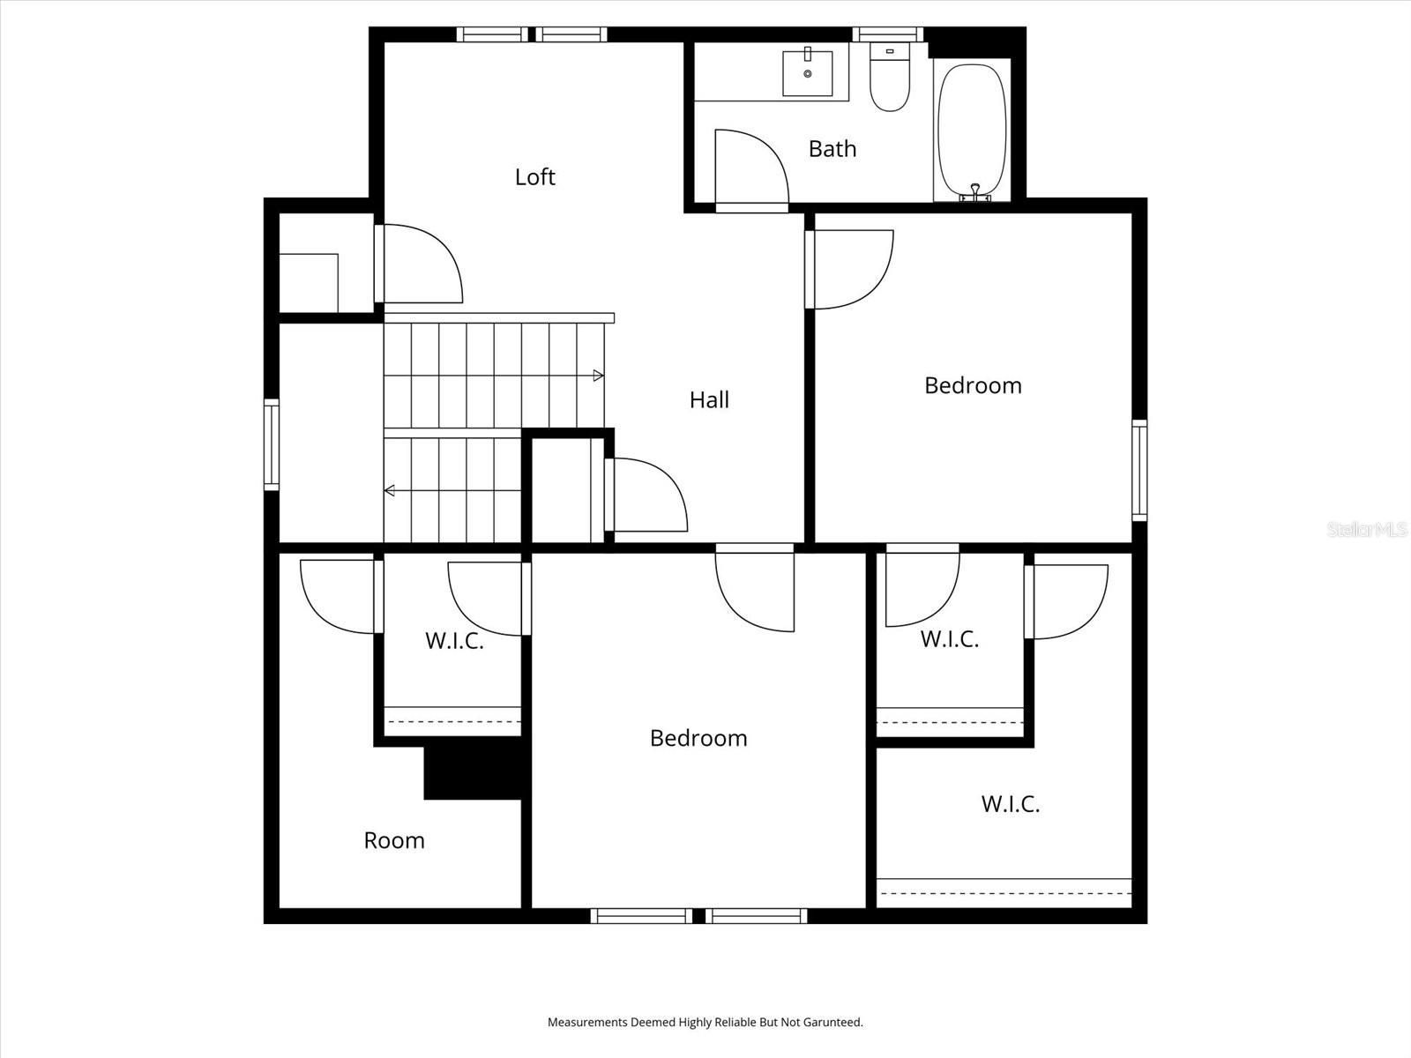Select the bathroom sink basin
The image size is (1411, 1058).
(808, 73)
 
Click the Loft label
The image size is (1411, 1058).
(535, 177)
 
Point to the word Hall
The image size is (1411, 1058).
(709, 400)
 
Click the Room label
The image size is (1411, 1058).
(394, 840)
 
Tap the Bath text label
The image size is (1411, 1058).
(832, 149)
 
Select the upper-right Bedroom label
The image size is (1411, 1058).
(973, 385)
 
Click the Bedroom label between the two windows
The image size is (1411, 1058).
(698, 738)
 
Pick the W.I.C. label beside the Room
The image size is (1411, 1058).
(454, 641)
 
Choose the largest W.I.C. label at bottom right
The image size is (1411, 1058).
(1011, 804)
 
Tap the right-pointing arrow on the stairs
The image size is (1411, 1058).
(599, 376)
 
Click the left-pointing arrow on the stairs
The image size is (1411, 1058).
(390, 491)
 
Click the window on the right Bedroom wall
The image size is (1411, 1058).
(1139, 470)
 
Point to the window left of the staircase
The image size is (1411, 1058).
(272, 444)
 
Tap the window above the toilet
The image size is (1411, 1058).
(888, 34)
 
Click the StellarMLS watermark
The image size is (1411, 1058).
(1367, 530)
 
